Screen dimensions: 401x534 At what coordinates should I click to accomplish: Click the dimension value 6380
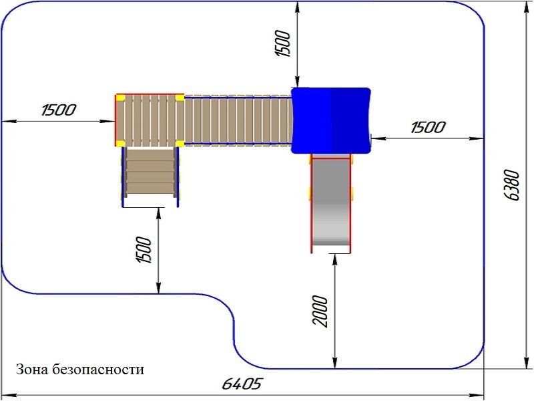(x=512, y=185)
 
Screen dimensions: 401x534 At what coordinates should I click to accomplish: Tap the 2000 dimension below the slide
(x=322, y=311)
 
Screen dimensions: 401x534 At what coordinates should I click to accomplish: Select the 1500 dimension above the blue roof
(x=283, y=44)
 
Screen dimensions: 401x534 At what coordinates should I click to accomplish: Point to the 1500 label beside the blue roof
(x=427, y=127)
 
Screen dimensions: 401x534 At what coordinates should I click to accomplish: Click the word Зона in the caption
(x=31, y=369)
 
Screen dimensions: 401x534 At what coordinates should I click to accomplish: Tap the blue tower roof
(x=330, y=120)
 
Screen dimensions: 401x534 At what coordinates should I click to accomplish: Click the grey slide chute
(x=330, y=204)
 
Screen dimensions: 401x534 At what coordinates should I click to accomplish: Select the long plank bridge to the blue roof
(x=237, y=120)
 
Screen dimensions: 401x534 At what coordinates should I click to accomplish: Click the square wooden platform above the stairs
(x=150, y=120)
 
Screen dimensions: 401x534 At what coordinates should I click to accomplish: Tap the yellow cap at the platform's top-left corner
(x=121, y=98)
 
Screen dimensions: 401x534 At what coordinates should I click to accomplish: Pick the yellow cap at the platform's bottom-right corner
(x=180, y=142)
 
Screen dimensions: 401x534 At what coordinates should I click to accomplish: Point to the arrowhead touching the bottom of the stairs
(x=159, y=213)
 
